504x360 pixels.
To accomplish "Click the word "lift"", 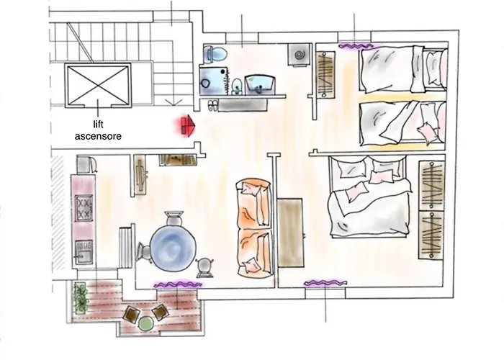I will point(99,124).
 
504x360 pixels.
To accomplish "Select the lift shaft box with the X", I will point(97,85).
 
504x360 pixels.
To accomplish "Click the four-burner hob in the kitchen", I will point(84,209).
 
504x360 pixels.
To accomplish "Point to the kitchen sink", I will point(83,253).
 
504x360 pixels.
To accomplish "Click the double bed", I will point(367,197).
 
